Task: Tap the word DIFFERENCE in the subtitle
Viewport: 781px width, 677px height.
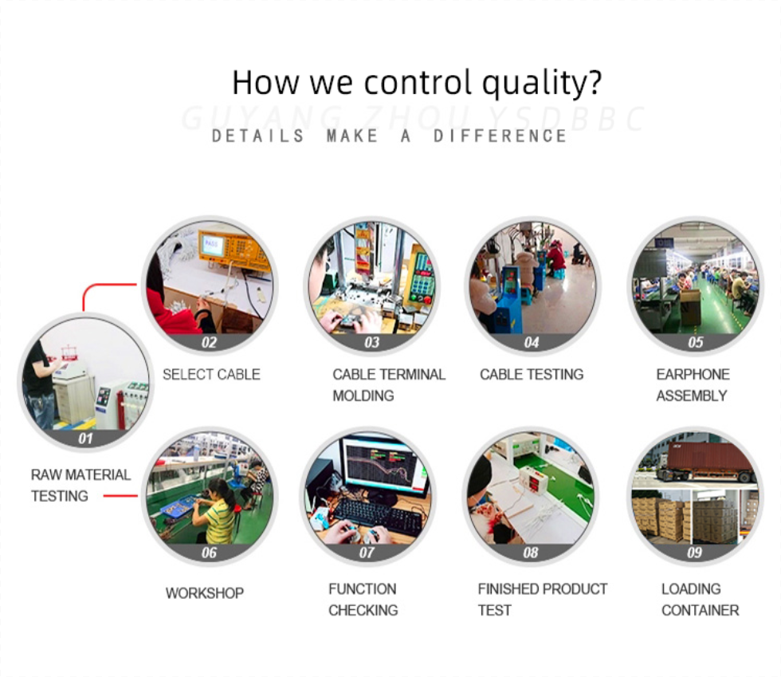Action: point(500,136)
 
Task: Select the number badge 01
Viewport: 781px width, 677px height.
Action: point(85,439)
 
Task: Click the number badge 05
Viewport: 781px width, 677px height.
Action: point(695,342)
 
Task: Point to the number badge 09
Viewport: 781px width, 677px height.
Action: point(694,553)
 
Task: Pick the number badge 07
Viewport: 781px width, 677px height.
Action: point(367,553)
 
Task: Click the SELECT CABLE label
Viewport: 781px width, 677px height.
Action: point(211,375)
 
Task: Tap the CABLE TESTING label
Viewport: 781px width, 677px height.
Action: point(532,375)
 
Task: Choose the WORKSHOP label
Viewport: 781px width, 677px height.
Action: point(205,593)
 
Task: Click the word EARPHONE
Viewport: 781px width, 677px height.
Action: point(693,375)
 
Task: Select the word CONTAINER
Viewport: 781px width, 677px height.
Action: point(701,610)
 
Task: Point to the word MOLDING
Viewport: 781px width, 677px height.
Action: point(363,396)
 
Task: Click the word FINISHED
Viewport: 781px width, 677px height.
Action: point(509,588)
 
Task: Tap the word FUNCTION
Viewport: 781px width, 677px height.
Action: point(363,588)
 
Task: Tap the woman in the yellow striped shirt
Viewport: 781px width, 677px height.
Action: point(215,511)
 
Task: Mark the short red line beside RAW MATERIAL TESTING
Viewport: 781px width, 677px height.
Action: point(120,496)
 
